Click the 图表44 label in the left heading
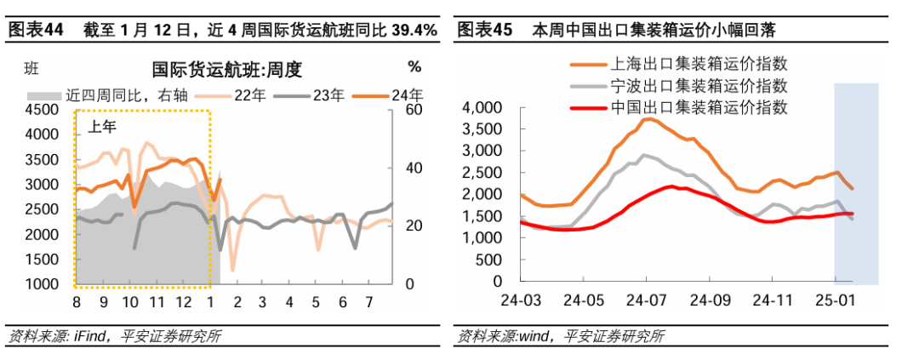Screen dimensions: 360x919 pos(35,31)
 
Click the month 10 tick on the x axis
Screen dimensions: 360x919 pos(130,302)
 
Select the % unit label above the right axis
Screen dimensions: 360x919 pos(414,67)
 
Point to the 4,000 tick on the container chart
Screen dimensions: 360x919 pos(484,108)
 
